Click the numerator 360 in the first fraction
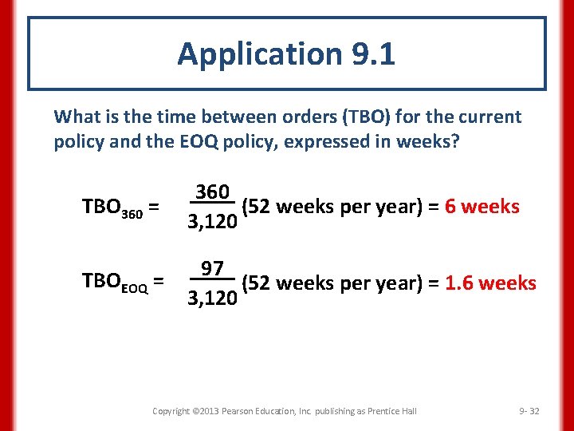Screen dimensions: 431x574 (212, 192)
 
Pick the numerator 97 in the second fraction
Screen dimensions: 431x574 (212, 268)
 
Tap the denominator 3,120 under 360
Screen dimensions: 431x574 (212, 222)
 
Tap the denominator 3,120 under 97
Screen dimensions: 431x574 (212, 299)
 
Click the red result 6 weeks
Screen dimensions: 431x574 (482, 208)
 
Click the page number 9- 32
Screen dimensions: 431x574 (529, 411)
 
